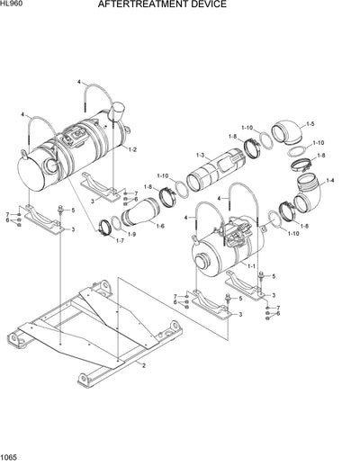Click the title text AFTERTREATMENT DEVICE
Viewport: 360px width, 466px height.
175,5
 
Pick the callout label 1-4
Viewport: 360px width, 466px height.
329,182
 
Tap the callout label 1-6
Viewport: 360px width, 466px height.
159,226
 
